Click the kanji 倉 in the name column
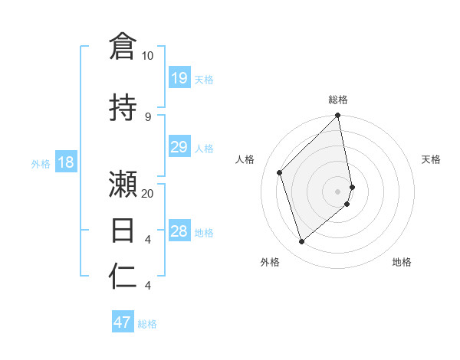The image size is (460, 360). (123, 46)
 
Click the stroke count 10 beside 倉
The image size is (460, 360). (147, 56)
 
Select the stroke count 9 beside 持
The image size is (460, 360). (147, 116)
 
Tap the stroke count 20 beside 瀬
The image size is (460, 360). (147, 193)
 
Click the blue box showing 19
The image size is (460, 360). (179, 78)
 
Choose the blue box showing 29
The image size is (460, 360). (179, 147)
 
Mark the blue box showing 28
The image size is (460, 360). (179, 231)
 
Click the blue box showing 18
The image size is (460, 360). (65, 162)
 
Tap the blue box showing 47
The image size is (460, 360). (123, 322)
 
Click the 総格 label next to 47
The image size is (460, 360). (147, 324)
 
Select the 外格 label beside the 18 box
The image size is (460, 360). (40, 163)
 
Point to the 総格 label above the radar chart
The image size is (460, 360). (338, 100)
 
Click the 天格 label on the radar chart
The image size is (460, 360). (431, 159)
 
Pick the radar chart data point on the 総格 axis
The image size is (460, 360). (338, 116)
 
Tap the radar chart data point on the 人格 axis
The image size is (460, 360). (280, 172)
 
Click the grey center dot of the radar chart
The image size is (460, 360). (337, 191)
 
